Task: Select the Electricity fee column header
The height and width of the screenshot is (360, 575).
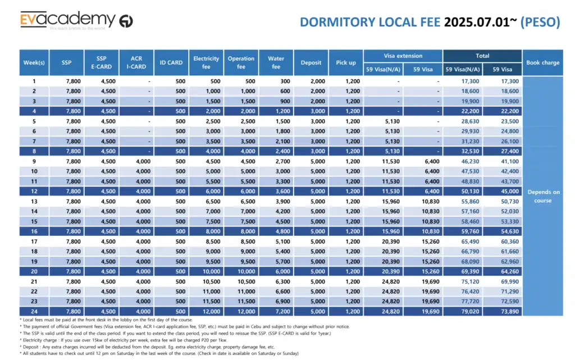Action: pos(206,62)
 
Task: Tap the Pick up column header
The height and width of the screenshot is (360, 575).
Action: pos(345,62)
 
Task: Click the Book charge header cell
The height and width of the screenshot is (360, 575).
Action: pos(542,62)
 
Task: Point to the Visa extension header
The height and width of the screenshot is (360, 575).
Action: pos(403,56)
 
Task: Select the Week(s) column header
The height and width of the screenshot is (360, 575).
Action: pos(34,62)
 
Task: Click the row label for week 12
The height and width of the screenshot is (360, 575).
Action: pos(34,192)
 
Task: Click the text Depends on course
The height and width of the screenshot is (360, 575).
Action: pos(543,196)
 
